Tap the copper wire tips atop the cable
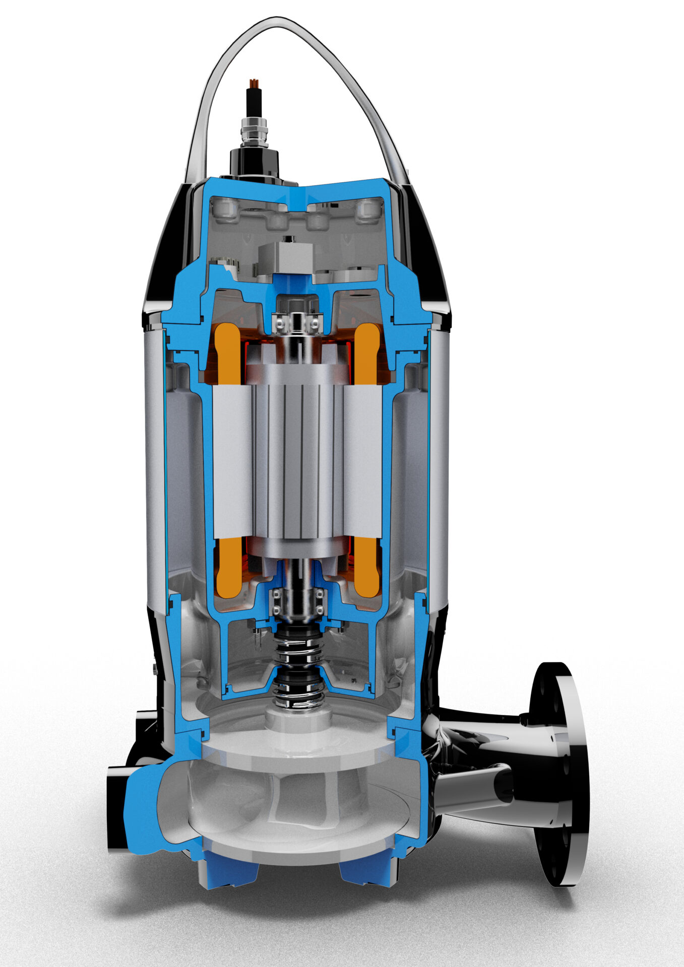click(254, 83)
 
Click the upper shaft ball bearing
click(297, 322)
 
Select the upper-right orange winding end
click(367, 353)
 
